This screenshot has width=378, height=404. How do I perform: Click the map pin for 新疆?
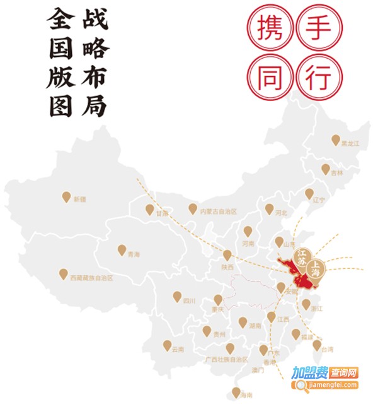(66, 196)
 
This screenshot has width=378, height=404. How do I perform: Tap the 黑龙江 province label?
(350, 144)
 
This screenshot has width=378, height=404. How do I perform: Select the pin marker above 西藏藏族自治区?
(64, 273)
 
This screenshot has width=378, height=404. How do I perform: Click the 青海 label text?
(133, 254)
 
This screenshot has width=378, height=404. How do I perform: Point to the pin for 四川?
(177, 296)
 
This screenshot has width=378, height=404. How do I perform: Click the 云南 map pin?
(167, 345)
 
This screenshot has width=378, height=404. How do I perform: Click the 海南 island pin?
(236, 391)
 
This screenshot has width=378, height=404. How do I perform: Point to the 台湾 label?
(327, 348)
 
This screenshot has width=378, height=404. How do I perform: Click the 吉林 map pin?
(326, 169)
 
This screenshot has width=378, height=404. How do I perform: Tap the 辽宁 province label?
(319, 199)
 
